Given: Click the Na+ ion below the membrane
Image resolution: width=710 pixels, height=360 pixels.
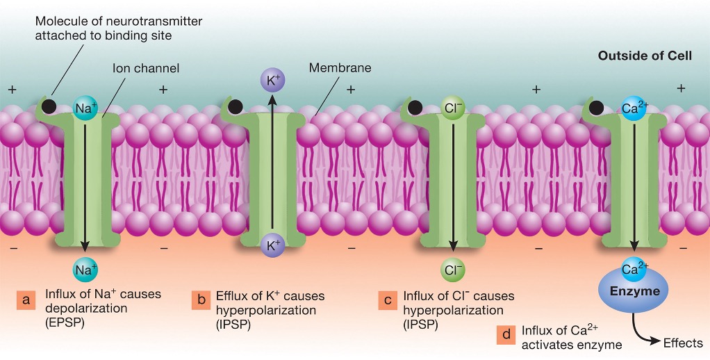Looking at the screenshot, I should [85, 268].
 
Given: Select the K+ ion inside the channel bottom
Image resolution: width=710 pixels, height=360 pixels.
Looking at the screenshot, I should [272, 245].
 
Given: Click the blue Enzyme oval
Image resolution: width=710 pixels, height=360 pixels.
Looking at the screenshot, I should [634, 291].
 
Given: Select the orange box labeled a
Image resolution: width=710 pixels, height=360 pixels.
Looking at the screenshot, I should [26, 301].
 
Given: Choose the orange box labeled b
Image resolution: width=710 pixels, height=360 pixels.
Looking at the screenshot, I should [201, 301].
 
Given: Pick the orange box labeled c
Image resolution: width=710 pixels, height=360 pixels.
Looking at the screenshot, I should [387, 301].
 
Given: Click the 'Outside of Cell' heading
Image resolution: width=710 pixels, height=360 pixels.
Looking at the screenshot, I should [644, 55].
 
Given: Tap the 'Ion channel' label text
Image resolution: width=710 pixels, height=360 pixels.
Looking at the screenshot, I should [146, 68].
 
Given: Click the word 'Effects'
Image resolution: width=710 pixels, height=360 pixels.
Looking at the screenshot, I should [684, 343].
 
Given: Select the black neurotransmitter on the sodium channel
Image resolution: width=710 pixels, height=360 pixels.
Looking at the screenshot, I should [49, 107].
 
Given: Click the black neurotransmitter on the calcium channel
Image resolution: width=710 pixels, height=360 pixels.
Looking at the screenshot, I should [597, 108].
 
